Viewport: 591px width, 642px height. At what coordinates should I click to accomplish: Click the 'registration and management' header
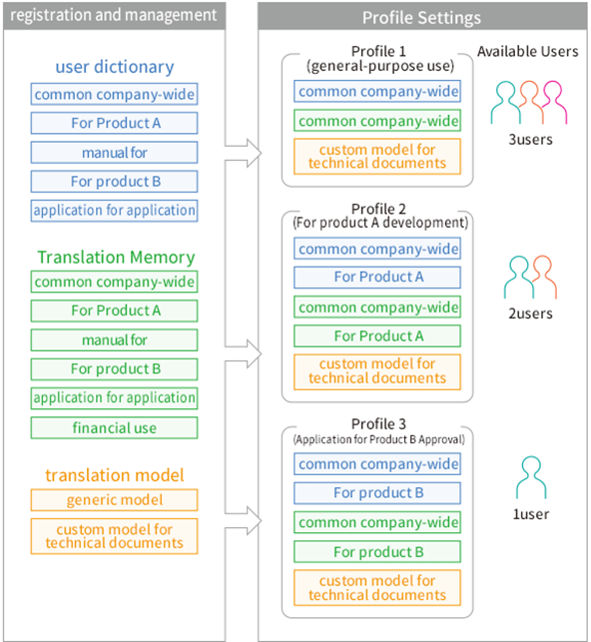click(114, 15)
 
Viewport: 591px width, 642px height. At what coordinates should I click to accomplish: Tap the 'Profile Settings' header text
click(421, 18)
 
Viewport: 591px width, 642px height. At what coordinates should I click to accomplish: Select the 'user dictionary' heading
click(115, 67)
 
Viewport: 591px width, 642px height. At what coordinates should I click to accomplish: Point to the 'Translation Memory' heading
click(116, 258)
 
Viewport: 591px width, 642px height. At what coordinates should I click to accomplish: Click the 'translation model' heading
click(115, 475)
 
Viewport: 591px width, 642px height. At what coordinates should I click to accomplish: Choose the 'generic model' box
click(114, 500)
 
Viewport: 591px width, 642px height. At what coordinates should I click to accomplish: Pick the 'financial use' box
click(114, 428)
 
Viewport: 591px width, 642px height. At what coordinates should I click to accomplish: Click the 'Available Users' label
click(527, 51)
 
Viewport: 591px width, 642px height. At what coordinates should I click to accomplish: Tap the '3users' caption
click(530, 139)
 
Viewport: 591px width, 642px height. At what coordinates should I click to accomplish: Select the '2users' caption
click(530, 314)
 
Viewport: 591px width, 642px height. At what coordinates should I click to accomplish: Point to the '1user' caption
click(531, 514)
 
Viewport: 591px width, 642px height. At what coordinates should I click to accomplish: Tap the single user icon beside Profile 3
click(531, 477)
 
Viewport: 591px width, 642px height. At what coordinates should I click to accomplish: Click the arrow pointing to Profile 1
click(244, 153)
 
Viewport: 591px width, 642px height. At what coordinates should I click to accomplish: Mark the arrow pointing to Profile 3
click(244, 520)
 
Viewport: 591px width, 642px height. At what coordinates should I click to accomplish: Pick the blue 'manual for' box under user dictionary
click(114, 153)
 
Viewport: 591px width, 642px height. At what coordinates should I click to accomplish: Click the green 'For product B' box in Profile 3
click(377, 552)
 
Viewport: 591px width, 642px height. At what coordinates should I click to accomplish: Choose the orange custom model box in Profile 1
click(377, 157)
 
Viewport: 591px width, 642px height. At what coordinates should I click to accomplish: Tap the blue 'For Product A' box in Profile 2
click(377, 278)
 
